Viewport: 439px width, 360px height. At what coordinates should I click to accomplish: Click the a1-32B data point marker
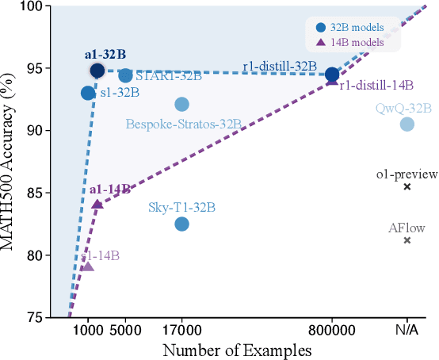tap(97, 71)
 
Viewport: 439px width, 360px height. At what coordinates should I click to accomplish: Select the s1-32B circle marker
tap(88, 93)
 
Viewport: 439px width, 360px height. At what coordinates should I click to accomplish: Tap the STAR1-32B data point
tap(125, 75)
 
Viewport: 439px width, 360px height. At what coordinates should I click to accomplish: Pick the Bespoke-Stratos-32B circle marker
tap(181, 105)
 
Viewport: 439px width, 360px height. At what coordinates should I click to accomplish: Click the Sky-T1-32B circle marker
tap(181, 224)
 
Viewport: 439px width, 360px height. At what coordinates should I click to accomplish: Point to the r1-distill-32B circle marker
tap(332, 75)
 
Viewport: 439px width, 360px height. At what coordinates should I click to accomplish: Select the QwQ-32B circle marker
tap(407, 124)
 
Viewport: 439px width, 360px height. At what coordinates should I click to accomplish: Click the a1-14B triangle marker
tap(97, 204)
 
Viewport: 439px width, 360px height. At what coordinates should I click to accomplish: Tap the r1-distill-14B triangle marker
tap(332, 81)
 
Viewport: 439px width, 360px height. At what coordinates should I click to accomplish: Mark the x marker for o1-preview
tap(407, 187)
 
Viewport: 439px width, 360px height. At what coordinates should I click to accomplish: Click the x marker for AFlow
tap(407, 240)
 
